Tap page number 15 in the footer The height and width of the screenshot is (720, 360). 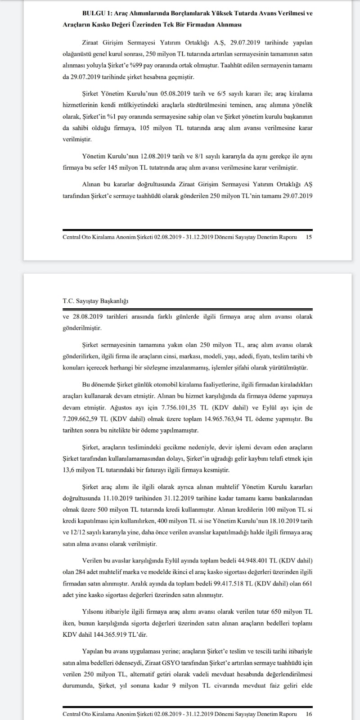[x=309, y=237]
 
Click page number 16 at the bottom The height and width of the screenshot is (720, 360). [x=309, y=714]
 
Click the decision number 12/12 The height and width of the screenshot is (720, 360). [x=77, y=532]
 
